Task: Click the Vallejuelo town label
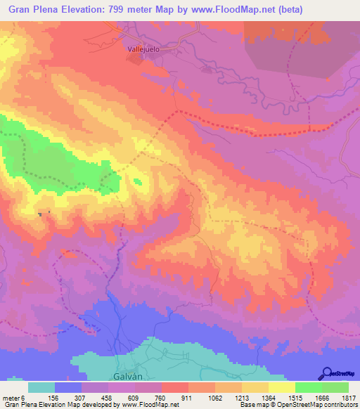click(143, 50)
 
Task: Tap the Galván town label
click(126, 376)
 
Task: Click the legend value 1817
click(347, 398)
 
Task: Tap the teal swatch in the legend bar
click(41, 387)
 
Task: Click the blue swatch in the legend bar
click(68, 387)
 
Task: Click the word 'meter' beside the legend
click(11, 398)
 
